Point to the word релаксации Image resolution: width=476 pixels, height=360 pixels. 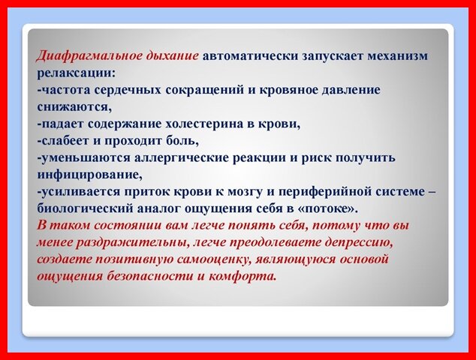click(75, 73)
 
